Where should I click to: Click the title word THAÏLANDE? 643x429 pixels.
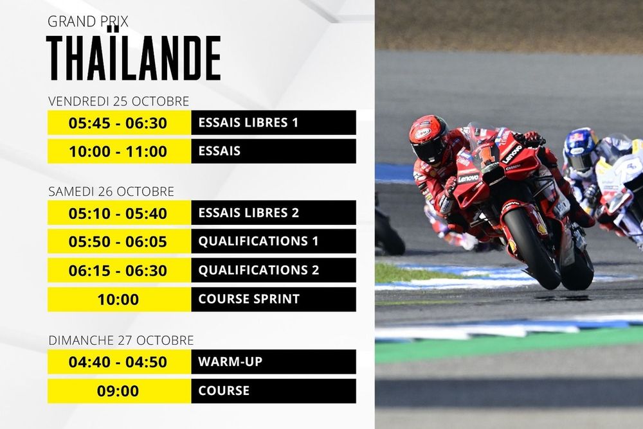click(x=134, y=58)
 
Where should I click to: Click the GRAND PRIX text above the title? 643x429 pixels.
click(x=88, y=21)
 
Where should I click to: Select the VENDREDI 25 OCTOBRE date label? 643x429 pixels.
click(x=119, y=101)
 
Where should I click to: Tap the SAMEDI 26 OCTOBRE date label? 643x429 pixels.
click(x=111, y=191)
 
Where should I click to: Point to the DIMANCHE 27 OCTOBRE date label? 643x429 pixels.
click(x=121, y=340)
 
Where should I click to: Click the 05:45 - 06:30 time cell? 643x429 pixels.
click(x=118, y=123)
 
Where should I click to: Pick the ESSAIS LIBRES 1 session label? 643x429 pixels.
click(x=248, y=123)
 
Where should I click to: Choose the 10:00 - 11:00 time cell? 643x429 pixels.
click(x=118, y=152)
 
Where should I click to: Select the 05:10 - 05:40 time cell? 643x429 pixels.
click(x=118, y=213)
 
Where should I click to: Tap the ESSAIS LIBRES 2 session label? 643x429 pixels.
click(x=248, y=213)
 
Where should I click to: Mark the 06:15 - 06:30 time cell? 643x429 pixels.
click(x=118, y=270)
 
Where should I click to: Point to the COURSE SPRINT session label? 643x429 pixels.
click(x=249, y=299)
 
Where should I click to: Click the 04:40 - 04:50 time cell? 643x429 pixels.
click(x=118, y=362)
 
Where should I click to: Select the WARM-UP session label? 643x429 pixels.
click(x=230, y=362)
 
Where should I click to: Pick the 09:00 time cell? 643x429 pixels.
click(x=118, y=390)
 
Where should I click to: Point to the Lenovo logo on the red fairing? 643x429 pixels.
click(x=512, y=154)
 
